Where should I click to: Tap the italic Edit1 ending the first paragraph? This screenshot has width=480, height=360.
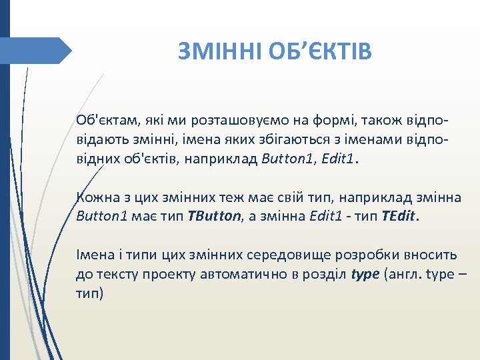coord(340,161)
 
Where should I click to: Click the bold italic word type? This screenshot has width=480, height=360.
coord(365,275)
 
